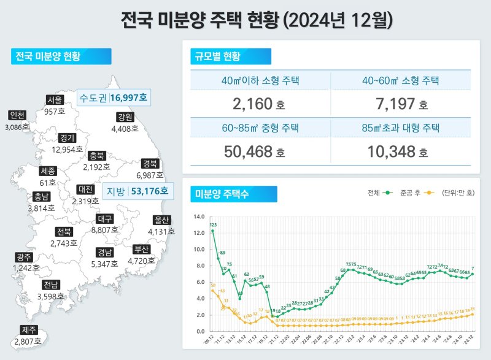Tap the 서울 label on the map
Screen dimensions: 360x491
click(x=55, y=101)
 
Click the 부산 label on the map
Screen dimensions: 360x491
click(x=141, y=249)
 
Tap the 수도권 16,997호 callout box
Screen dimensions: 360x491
click(x=115, y=98)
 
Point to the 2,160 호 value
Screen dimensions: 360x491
click(x=258, y=105)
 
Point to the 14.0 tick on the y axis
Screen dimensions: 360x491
click(x=198, y=216)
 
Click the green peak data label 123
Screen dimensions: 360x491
click(x=213, y=225)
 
